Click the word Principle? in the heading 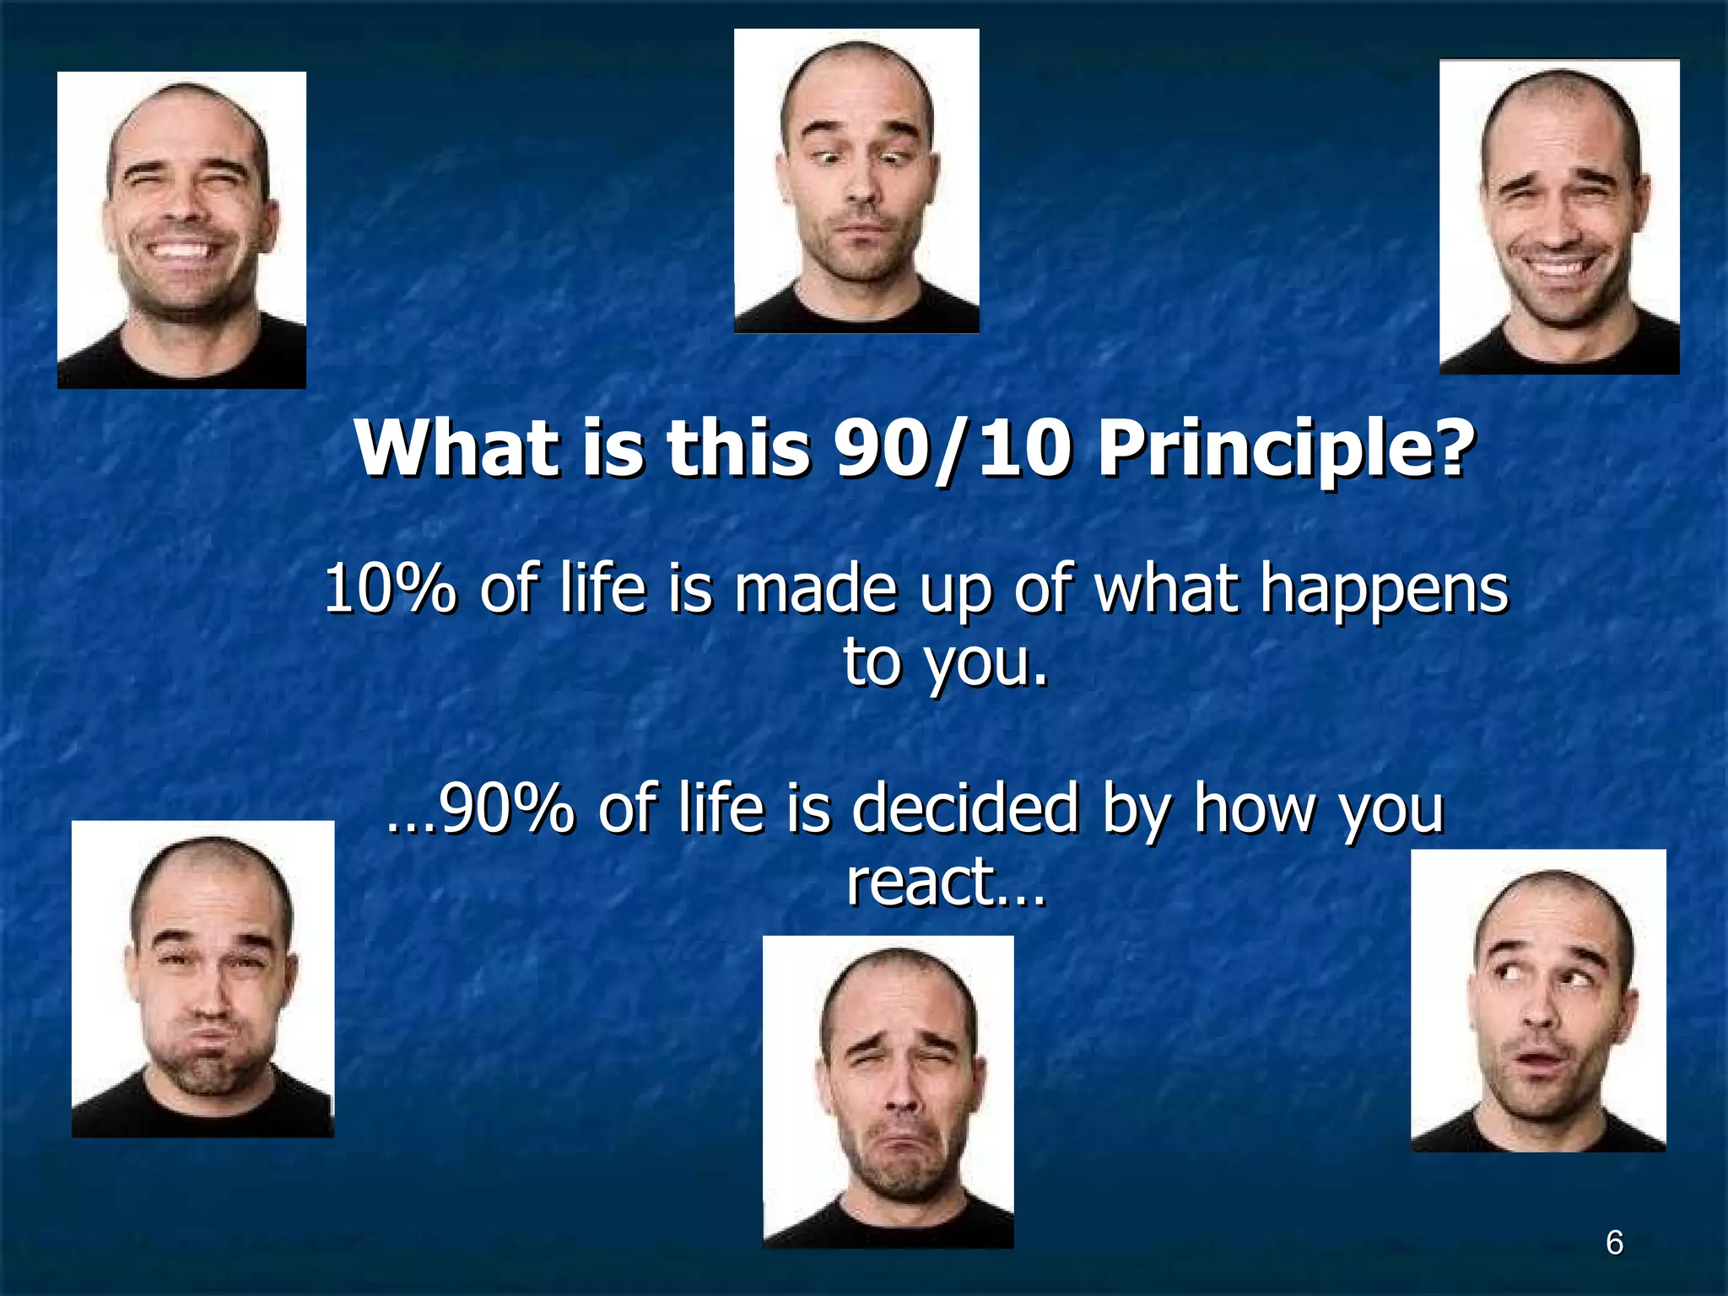pos(1287,450)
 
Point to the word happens pos(1385,591)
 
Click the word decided pos(965,808)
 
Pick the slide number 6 pos(1614,1243)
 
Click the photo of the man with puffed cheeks pos(202,979)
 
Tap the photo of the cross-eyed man pos(856,181)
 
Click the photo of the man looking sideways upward pos(1538,1001)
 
